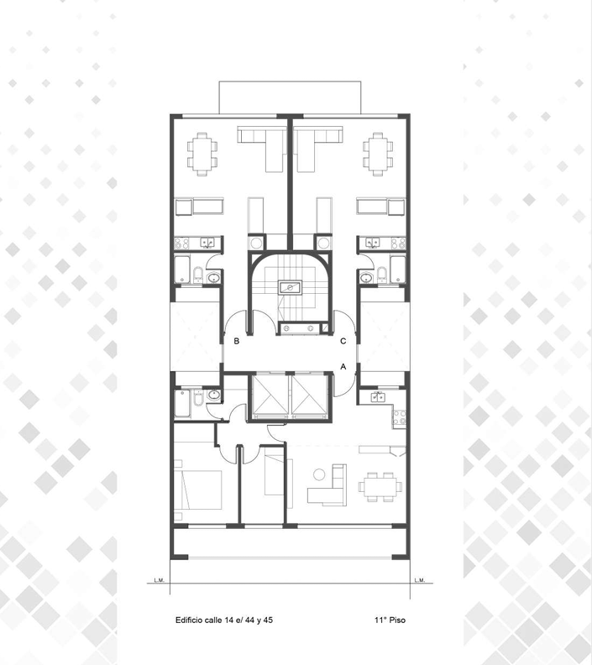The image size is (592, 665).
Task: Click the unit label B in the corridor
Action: pos(237,341)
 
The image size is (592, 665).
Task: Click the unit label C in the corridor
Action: pos(343,341)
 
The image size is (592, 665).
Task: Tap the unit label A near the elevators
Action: pos(343,366)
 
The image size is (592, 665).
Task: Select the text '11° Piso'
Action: pos(390,620)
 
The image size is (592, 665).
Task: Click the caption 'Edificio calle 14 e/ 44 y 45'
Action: pos(224,620)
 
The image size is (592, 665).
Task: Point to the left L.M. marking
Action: pos(159,580)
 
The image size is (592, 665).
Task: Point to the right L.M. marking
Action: pos(419,580)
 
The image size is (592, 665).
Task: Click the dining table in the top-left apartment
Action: pos(202,154)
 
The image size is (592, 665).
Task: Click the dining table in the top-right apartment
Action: pos(377,154)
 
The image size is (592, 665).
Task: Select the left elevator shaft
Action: pos(270,395)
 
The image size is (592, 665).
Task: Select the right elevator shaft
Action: pos(310,395)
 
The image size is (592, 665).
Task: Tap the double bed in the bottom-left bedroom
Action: pos(197,490)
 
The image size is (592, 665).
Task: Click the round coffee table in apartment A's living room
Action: pos(319,474)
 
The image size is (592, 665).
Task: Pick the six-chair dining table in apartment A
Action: pos(380,487)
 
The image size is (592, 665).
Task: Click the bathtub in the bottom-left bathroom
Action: pos(183,403)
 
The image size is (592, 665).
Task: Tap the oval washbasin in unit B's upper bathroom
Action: pos(213,278)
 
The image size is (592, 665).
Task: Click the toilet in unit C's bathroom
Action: pos(382,275)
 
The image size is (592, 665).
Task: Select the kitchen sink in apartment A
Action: pos(378,397)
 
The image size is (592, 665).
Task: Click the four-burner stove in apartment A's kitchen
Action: pos(399,417)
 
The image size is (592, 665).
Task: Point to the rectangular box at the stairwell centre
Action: pos(290,287)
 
